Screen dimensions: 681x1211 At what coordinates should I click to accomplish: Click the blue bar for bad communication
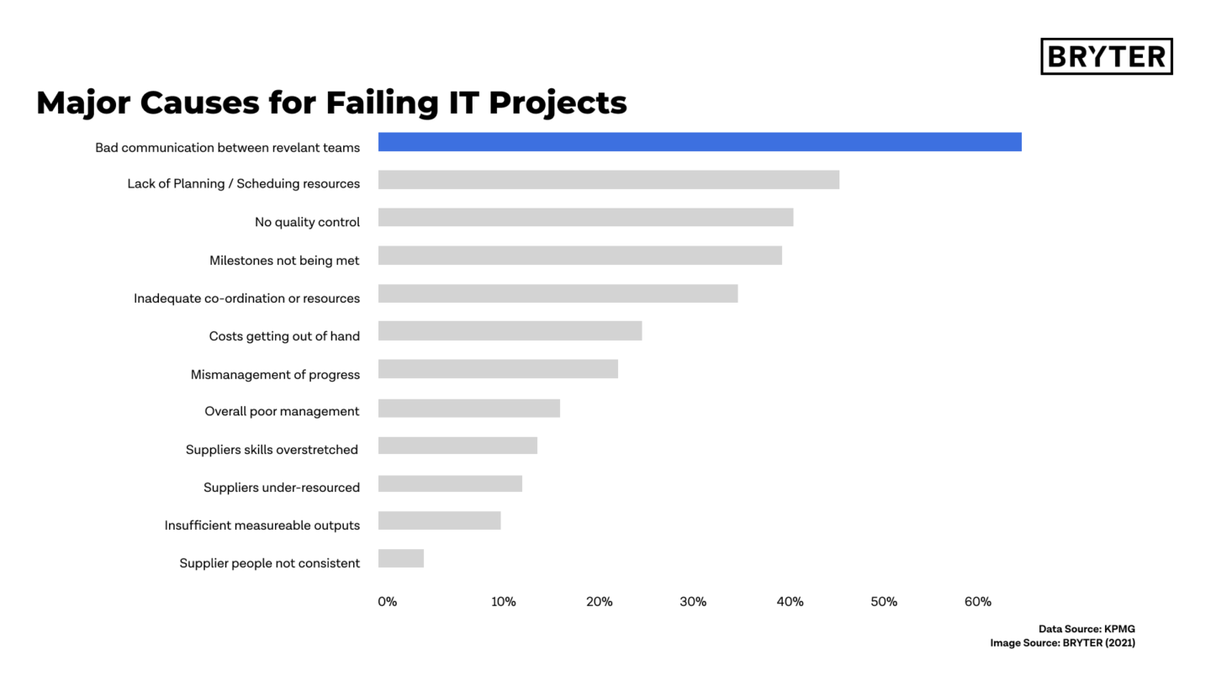tap(700, 142)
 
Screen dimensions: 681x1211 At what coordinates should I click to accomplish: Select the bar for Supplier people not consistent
tap(401, 558)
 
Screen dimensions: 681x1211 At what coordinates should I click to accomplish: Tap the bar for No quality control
tap(585, 218)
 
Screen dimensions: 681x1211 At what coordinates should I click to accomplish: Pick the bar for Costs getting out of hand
tap(510, 330)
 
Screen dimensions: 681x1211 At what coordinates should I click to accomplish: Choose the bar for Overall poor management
tap(468, 409)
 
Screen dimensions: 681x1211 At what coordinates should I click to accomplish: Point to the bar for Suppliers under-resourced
tap(450, 483)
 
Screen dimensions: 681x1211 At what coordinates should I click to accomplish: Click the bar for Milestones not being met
tap(580, 256)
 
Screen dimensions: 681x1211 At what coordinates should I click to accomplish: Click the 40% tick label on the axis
tap(790, 602)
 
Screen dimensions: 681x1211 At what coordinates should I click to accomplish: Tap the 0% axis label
tap(387, 602)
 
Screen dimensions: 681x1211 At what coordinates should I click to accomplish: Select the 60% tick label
tap(978, 602)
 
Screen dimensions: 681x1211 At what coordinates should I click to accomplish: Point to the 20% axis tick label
tap(600, 602)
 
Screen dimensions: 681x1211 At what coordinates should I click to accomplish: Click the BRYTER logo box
tap(1106, 56)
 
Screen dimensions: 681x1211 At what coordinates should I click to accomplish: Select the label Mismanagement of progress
tap(275, 375)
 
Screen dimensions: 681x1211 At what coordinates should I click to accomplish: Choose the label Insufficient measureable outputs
tap(262, 525)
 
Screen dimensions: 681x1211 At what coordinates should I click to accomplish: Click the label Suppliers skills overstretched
tap(272, 450)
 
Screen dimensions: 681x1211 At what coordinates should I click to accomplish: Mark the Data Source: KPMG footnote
tap(1087, 629)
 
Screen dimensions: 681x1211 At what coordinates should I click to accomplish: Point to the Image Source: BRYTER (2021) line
tap(1062, 643)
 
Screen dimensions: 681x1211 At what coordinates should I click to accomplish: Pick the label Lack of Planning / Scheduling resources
tap(244, 184)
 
